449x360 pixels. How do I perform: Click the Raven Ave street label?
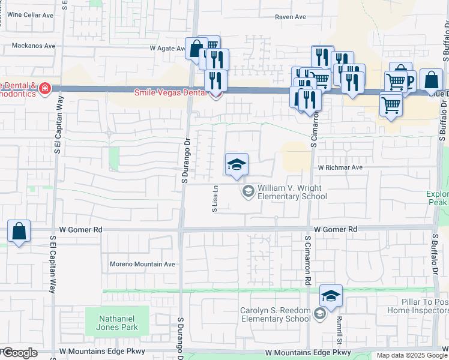click(x=291, y=17)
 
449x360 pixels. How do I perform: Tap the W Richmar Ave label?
click(x=341, y=168)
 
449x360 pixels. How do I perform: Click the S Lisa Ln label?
click(x=214, y=199)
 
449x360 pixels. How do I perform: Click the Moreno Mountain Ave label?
click(x=142, y=264)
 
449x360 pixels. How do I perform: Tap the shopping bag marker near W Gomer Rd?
click(x=19, y=231)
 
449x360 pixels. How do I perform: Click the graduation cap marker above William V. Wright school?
click(x=237, y=164)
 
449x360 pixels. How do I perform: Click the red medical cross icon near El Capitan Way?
click(x=44, y=89)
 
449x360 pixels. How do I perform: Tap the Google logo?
click(x=19, y=353)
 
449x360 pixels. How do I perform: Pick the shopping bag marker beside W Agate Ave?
click(x=196, y=49)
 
